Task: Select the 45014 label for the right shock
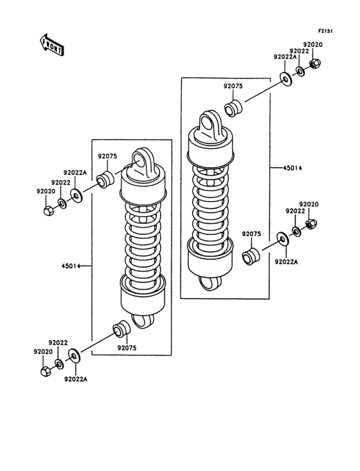(x=292, y=168)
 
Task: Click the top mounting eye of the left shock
(x=141, y=159)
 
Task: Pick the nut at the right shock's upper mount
(x=315, y=64)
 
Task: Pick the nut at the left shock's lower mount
(x=46, y=371)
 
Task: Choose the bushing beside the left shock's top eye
(x=105, y=179)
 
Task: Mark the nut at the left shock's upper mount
(x=47, y=210)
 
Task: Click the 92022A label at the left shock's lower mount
(x=75, y=379)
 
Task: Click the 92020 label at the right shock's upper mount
(x=313, y=44)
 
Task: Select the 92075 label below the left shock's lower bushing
(x=126, y=348)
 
